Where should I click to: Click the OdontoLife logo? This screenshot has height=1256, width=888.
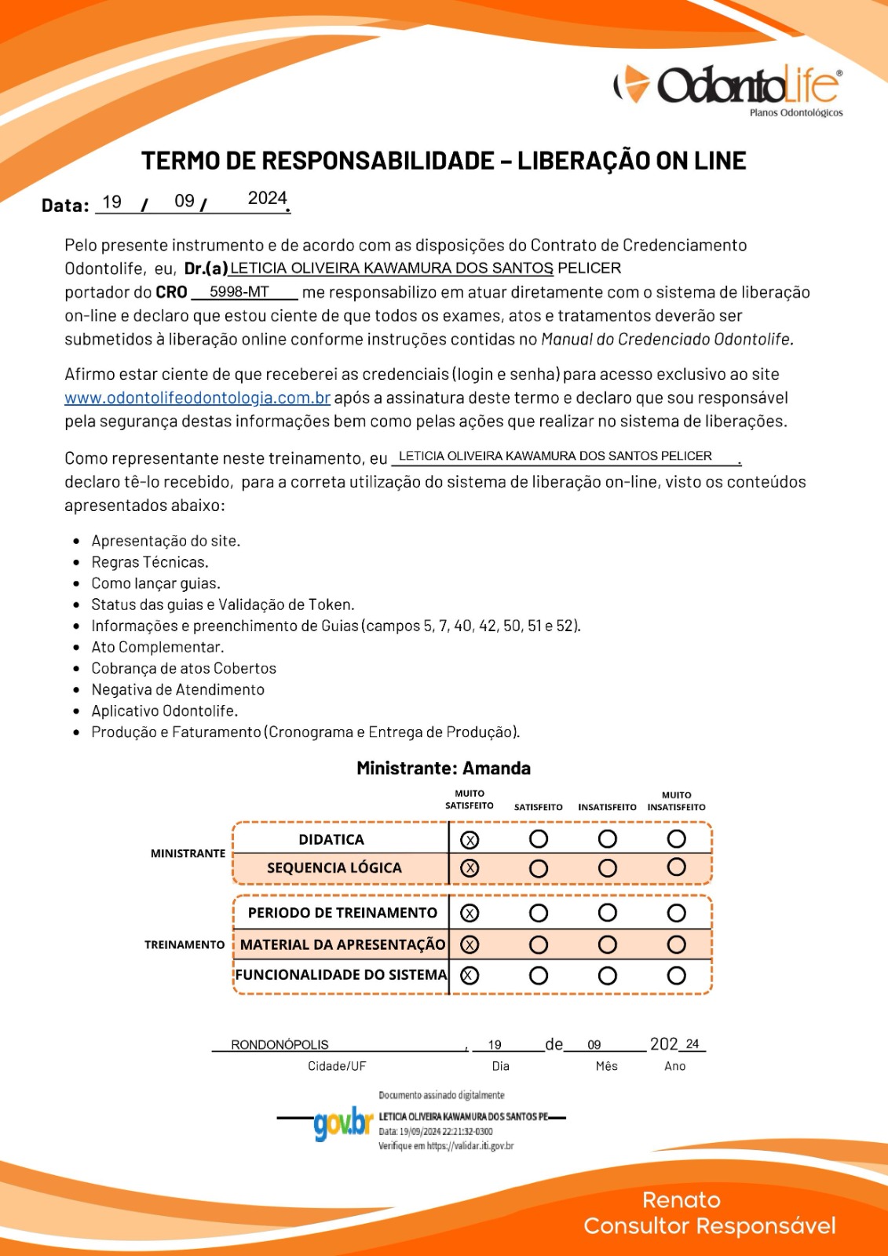728,87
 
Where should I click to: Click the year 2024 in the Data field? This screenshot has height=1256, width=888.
267,199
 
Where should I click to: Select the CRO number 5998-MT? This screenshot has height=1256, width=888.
239,292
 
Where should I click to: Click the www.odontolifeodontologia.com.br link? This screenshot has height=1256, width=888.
197,398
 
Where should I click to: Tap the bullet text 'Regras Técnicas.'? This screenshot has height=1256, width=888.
150,562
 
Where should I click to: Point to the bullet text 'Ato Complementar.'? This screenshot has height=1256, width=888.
157,647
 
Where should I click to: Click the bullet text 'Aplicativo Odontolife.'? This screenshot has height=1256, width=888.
164,710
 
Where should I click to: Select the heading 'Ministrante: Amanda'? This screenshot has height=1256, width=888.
444,768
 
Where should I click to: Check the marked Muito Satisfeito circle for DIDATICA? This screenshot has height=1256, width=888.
470,840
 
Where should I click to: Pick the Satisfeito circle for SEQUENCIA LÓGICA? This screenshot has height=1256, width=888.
539,868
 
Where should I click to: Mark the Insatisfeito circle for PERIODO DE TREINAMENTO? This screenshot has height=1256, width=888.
608,913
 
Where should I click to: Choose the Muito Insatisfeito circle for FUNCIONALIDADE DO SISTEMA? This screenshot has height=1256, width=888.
677,976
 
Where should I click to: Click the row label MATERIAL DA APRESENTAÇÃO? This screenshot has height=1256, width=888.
342,944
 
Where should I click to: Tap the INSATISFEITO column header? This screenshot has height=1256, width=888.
607,807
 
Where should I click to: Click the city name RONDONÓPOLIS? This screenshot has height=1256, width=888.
280,1045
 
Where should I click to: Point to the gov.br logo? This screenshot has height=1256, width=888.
342,1123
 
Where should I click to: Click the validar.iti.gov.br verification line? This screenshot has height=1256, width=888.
446,1146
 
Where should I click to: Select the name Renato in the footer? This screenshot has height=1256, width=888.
681,1199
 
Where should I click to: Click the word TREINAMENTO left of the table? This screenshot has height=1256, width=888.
185,944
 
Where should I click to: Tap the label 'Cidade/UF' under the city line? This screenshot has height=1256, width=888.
337,1066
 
